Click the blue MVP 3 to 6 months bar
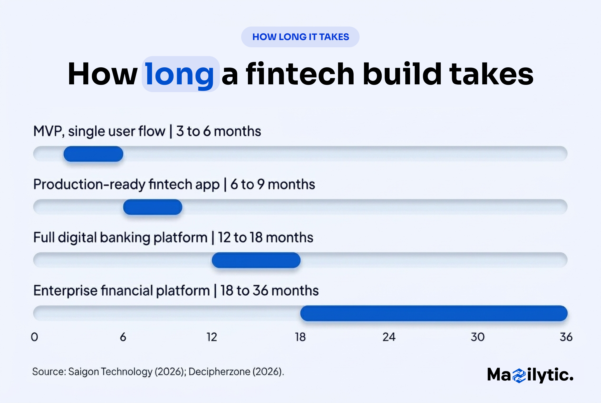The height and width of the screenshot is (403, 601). pos(93,154)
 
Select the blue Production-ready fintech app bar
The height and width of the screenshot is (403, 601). pos(153,207)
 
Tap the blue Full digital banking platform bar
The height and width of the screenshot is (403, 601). pos(256,260)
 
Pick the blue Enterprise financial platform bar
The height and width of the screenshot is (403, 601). pos(434,313)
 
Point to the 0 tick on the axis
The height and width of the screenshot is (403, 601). pos(35,337)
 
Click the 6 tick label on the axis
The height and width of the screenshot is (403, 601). pos(123,337)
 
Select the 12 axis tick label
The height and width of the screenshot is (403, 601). pos(212,337)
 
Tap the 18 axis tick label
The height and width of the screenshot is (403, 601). pos(300,337)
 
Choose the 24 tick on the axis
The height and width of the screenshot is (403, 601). pos(389,337)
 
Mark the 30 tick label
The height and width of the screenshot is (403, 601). pos(478,337)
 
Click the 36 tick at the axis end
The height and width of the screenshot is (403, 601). pos(566,337)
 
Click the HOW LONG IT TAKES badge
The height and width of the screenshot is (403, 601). pos(300,37)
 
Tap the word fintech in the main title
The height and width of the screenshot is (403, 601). pos(300,74)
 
